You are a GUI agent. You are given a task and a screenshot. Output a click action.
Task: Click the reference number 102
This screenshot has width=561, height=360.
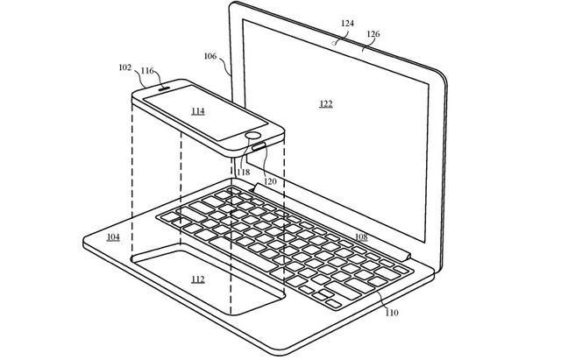[125, 67]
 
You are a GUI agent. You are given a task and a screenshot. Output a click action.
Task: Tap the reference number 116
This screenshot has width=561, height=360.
[147, 71]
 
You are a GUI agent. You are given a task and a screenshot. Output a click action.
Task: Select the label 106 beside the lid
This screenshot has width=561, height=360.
[210, 56]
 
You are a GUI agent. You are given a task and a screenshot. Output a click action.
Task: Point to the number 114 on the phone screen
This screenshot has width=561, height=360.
[198, 111]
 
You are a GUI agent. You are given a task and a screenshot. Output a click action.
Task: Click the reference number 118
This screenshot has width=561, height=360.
[244, 173]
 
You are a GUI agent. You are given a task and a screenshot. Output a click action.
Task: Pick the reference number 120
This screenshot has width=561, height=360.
[270, 181]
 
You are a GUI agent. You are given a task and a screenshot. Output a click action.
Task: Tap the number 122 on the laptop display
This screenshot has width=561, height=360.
[326, 104]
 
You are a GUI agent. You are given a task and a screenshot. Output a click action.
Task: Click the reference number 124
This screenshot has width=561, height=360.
[347, 24]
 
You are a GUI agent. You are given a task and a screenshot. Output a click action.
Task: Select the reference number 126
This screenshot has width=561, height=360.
[373, 34]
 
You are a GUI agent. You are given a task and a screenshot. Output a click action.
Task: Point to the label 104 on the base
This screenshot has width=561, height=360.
[113, 237]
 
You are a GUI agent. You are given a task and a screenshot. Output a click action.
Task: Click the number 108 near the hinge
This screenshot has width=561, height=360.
[361, 236]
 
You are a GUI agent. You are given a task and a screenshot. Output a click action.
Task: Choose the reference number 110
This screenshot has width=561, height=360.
[392, 313]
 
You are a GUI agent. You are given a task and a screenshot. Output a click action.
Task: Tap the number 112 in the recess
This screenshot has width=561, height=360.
[198, 279]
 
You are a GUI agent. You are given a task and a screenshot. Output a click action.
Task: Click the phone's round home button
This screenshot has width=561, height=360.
[253, 136]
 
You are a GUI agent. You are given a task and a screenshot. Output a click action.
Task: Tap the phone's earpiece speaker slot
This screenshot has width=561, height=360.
[165, 88]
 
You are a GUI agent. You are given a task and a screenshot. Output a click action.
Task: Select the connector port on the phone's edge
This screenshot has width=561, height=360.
[259, 145]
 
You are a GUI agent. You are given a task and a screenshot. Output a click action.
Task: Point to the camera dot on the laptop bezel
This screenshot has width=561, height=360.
[334, 44]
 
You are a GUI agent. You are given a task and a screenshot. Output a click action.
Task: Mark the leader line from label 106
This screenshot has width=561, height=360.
[225, 65]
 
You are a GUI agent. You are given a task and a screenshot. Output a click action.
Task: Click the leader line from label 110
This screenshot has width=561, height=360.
[382, 300]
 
